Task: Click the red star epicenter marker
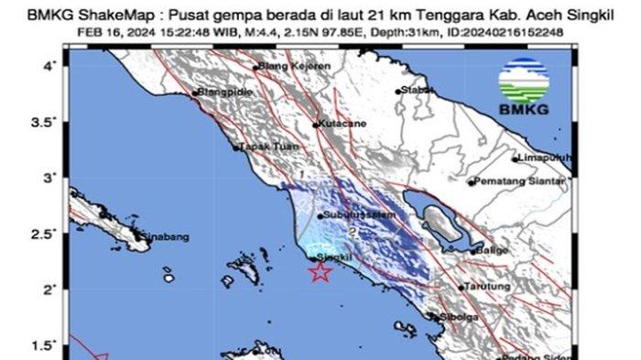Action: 320,271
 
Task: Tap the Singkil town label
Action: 334,260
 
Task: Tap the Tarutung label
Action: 485,287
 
